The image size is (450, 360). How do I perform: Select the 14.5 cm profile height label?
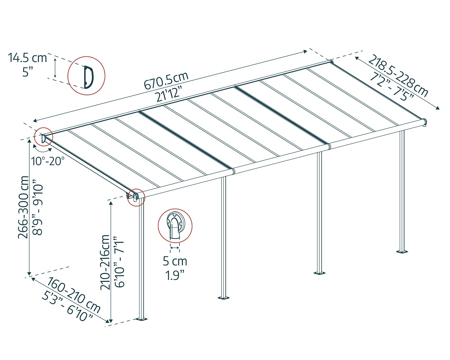point(27,58)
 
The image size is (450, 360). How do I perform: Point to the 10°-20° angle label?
point(48,161)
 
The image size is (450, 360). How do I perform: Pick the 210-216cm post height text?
point(105,262)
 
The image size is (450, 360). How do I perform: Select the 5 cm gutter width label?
point(175,261)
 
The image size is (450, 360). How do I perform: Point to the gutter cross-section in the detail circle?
point(175,226)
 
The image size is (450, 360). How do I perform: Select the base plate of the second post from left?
point(223,297)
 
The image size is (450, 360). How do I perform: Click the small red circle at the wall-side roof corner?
point(43,137)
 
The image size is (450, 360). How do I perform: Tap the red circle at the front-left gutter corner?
point(135,197)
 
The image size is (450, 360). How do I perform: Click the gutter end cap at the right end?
point(425,122)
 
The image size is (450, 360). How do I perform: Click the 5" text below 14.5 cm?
point(27,72)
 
